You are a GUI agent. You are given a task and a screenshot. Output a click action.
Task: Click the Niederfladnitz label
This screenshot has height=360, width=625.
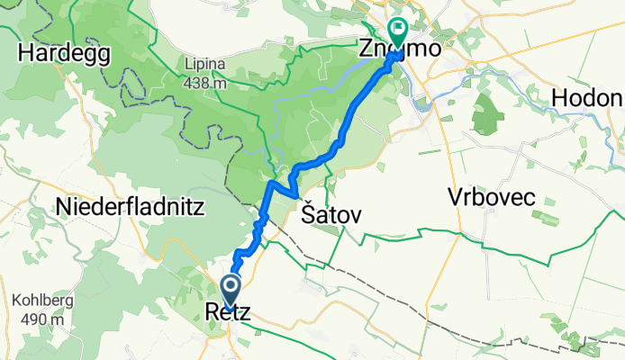click(x=131, y=208)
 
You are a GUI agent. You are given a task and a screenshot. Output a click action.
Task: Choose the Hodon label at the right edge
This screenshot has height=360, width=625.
click(x=588, y=97)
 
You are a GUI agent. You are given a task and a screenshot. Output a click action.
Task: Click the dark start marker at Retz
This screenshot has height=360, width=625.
click(x=231, y=290)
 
